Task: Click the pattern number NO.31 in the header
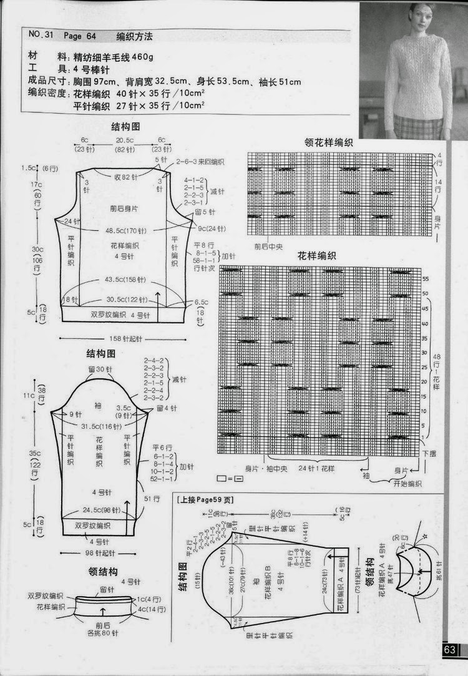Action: [x=40, y=36]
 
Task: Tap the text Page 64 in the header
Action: [x=82, y=36]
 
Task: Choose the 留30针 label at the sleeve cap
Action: [x=100, y=370]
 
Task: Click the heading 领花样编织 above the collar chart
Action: [x=328, y=142]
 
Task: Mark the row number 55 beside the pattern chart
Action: [x=426, y=278]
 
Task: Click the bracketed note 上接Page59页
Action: [x=205, y=500]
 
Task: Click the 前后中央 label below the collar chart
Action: [x=271, y=247]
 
